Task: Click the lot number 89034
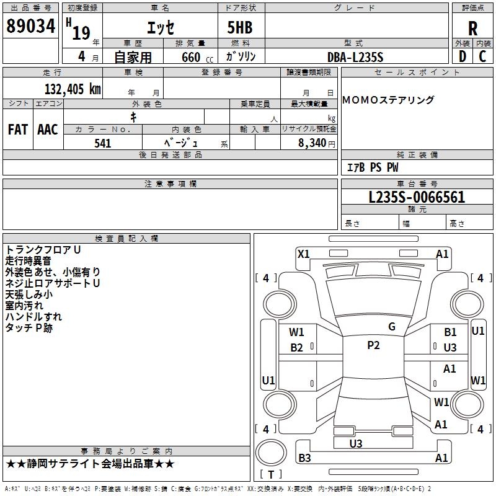[30, 27]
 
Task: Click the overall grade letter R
[472, 29]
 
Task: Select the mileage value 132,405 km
[73, 89]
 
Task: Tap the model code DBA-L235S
[356, 57]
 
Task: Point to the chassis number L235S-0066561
[417, 198]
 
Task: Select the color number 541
[103, 143]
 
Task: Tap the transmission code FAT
[18, 129]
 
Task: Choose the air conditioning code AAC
[48, 129]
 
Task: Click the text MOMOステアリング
[388, 100]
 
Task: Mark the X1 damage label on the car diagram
[304, 254]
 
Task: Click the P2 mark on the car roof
[373, 345]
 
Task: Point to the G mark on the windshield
[392, 327]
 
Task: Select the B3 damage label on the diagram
[304, 458]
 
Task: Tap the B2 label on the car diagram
[297, 348]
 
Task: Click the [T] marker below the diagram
[270, 474]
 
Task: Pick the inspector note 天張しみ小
[30, 294]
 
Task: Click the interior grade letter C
[482, 56]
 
